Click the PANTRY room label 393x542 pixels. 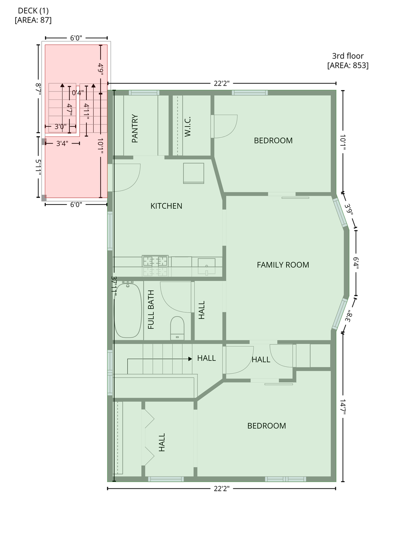point(135,128)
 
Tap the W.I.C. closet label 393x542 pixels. point(187,127)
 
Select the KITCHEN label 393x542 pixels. point(166,206)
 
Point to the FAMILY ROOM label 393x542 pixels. point(283,265)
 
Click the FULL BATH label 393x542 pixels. point(151,310)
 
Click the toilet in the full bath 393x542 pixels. point(177,328)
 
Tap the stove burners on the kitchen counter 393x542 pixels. point(155,261)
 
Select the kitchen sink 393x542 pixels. point(206,267)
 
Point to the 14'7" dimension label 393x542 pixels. point(343,407)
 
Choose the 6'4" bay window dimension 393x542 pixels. point(356,263)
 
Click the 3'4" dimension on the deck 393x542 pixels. point(62,144)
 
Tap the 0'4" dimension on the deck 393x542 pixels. point(78,92)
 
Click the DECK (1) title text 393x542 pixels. point(33,11)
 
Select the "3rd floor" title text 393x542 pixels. point(348,56)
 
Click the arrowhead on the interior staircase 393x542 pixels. point(190,359)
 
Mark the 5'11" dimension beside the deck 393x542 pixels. point(38,167)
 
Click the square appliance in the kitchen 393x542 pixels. point(193,173)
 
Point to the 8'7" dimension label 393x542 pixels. point(38,89)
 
